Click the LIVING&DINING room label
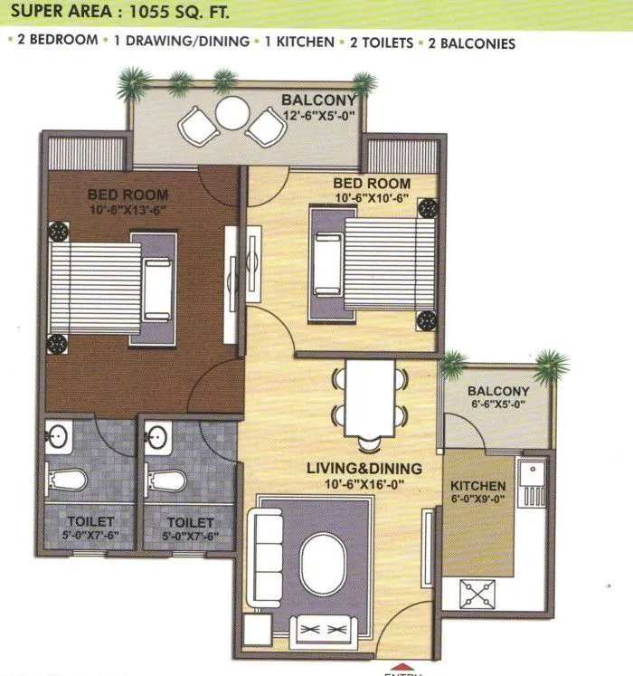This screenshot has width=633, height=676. pos(363,468)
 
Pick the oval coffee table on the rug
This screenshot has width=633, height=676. pos(323,561)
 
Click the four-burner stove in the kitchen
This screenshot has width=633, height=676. pos(481,591)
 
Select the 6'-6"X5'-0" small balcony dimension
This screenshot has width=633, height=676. pos(498,404)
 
